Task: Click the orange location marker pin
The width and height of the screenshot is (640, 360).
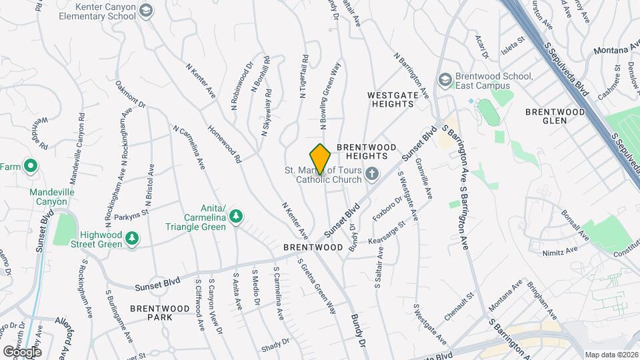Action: [321, 159]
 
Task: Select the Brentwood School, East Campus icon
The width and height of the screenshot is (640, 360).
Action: [444, 81]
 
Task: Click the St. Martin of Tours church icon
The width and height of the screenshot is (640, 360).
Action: [372, 174]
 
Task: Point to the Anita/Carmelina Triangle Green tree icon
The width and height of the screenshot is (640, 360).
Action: [235, 216]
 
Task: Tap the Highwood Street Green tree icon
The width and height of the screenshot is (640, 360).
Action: [133, 238]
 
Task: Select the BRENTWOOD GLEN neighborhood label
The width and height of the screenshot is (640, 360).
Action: [555, 116]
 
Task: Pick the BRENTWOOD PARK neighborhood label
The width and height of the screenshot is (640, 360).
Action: [151, 312]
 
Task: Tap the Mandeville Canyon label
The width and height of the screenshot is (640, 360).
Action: [48, 197]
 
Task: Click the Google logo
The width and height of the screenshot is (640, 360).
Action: [22, 351]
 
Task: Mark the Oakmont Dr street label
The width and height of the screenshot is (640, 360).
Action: [131, 95]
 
